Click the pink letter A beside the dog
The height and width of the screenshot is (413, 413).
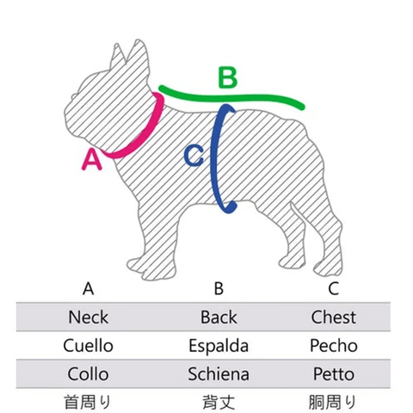[x=92, y=160]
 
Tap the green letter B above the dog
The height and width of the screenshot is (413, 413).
[x=228, y=77]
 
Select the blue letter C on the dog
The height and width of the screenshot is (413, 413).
[x=194, y=156]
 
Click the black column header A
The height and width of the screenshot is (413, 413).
[x=89, y=288]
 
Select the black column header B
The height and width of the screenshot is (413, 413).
[x=219, y=288]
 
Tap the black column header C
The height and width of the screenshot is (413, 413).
[x=334, y=288]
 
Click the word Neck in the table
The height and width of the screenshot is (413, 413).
[x=89, y=317]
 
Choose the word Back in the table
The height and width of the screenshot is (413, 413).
[x=219, y=317]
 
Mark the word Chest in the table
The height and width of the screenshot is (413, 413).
[x=334, y=317]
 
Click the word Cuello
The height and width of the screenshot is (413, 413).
[x=89, y=346]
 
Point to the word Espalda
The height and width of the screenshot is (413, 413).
[x=219, y=346]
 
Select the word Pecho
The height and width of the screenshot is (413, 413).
[x=334, y=346]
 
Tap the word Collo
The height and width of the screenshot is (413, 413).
[x=89, y=374]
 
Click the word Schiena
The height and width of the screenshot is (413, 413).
[x=219, y=374]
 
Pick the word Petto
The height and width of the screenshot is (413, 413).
[x=334, y=374]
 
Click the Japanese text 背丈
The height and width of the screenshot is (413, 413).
[x=219, y=402]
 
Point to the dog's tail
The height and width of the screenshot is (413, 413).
[x=296, y=212]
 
